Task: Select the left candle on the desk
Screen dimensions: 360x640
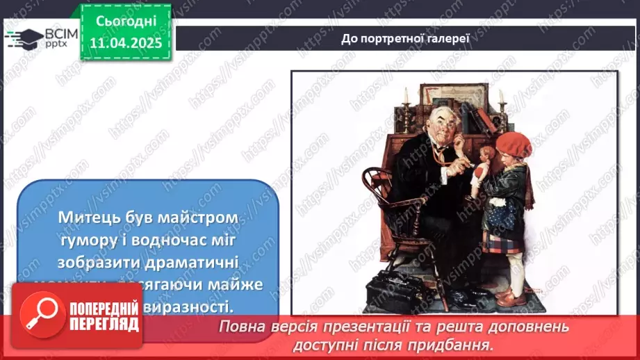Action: click(x=406, y=97)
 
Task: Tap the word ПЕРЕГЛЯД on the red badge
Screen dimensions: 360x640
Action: click(x=104, y=324)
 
